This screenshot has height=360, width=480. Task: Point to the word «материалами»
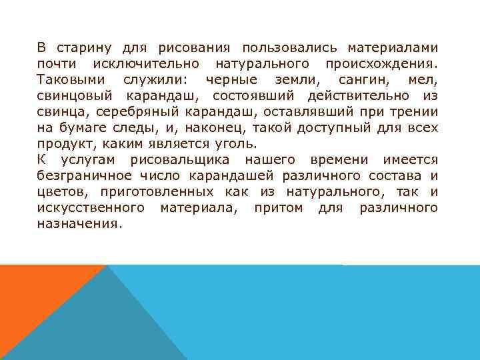pyautogui.click(x=393, y=48)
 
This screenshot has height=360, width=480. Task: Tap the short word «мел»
pyautogui.click(x=424, y=80)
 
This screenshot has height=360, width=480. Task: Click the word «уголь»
pyautogui.click(x=237, y=144)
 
